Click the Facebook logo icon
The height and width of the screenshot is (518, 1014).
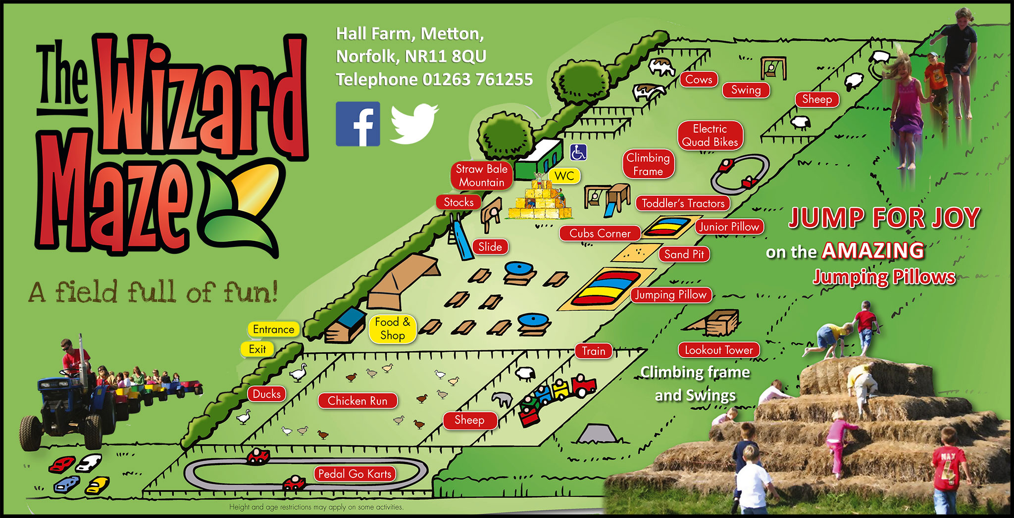tap(358, 124)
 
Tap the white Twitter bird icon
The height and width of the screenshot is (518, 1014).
tap(414, 123)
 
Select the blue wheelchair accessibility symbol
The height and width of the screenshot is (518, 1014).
tap(578, 152)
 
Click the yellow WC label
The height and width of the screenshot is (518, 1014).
tap(564, 176)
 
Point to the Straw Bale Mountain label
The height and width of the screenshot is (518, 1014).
tap(481, 176)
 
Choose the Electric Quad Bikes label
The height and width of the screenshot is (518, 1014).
tap(710, 135)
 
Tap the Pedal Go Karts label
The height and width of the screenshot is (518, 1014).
tap(355, 474)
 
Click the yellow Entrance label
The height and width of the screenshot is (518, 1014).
tap(273, 330)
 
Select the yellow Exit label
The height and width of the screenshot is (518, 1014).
tap(257, 349)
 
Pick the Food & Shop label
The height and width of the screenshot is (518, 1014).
tap(392, 329)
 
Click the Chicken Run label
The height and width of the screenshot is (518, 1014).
tap(357, 401)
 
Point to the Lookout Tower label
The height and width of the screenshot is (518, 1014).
tap(718, 350)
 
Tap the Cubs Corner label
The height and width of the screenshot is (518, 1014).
tap(600, 234)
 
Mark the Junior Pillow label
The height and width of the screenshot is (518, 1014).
tap(729, 227)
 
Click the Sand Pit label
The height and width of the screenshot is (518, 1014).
tap(684, 254)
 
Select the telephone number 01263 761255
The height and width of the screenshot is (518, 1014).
tap(477, 79)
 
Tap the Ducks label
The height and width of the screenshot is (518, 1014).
tap(267, 394)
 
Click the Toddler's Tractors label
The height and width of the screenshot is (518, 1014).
tap(683, 203)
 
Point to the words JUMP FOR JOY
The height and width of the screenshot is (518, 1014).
tap(884, 218)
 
